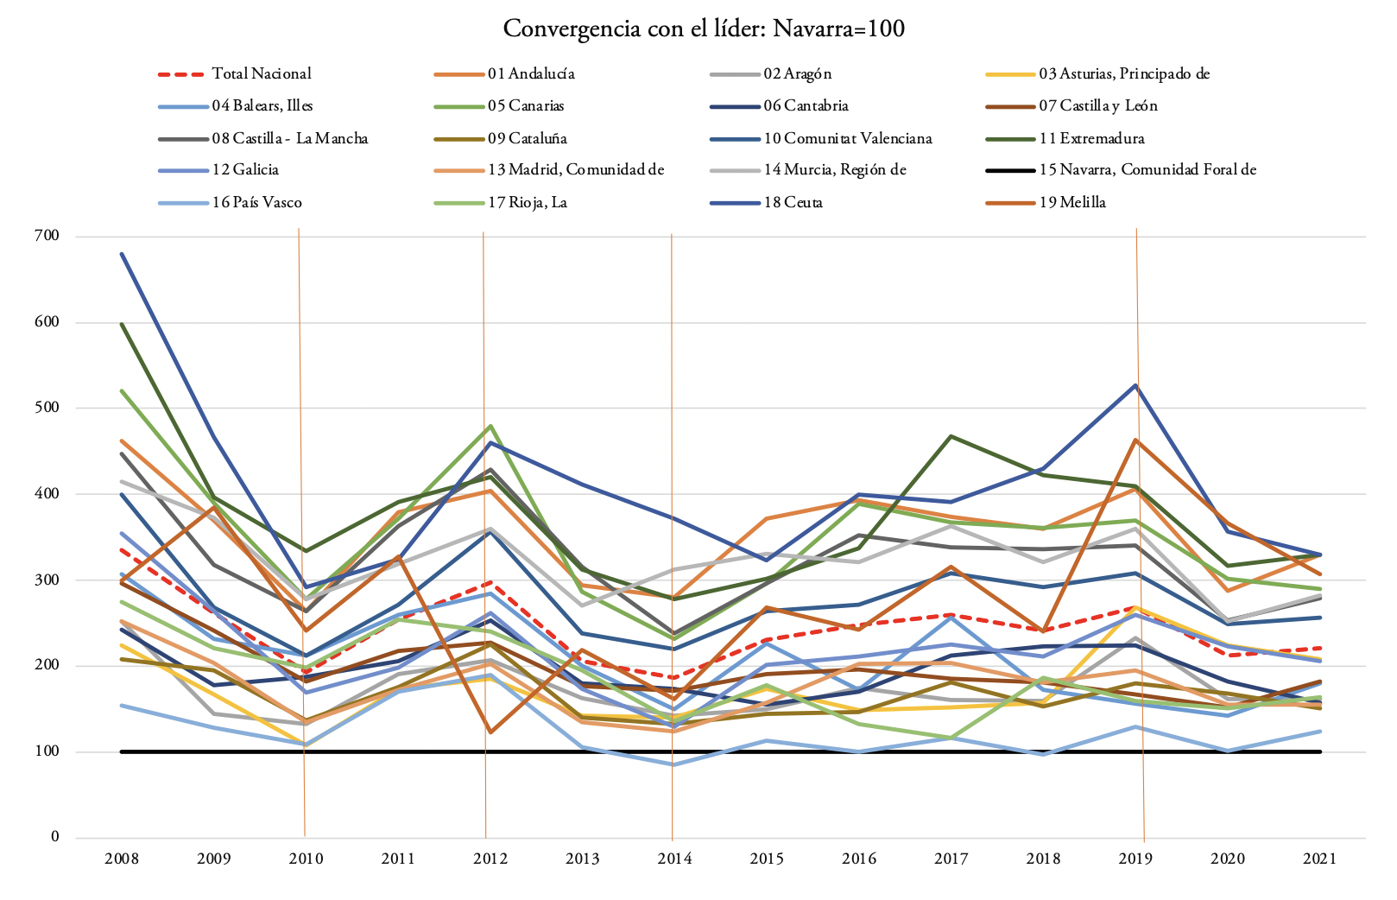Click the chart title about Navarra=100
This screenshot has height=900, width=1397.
click(x=704, y=29)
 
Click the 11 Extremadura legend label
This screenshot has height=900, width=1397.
click(x=1091, y=139)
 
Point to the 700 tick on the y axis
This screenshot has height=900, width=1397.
click(x=47, y=236)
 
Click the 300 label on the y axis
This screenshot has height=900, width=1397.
click(x=47, y=580)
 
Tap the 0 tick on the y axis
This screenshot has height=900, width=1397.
click(x=55, y=837)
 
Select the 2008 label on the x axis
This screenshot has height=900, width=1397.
click(x=122, y=859)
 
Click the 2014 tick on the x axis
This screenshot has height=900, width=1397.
click(x=674, y=859)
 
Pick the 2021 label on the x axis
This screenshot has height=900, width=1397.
click(x=1319, y=859)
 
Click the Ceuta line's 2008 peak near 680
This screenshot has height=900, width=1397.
click(x=123, y=254)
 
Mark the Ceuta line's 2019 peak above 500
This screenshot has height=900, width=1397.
click(x=1135, y=385)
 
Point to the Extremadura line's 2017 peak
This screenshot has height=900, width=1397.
click(x=951, y=436)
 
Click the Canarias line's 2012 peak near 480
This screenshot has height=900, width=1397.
click(x=490, y=426)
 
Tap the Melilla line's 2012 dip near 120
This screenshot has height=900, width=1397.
click(x=490, y=732)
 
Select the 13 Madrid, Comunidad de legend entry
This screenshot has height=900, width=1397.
click(x=576, y=170)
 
